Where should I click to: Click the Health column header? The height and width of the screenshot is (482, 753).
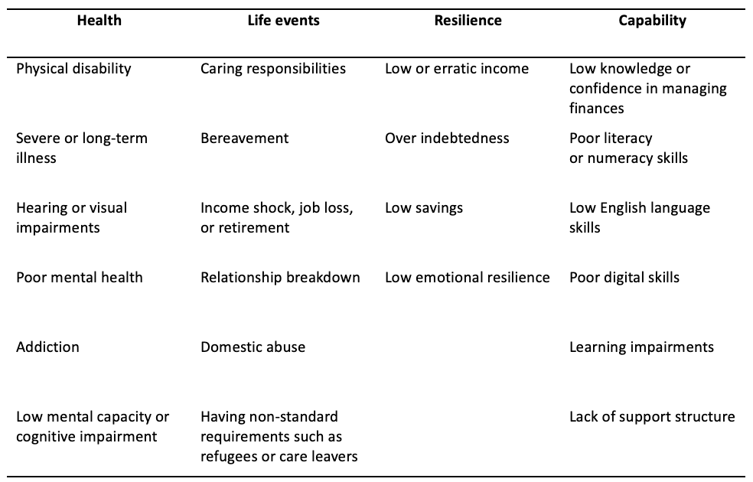99,21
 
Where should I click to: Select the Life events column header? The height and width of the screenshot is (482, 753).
283,21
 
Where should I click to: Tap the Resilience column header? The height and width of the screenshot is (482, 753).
468,21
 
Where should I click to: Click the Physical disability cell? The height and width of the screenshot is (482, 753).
73,69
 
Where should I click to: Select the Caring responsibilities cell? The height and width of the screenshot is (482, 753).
272,69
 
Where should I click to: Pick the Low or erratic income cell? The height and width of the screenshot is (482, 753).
457,69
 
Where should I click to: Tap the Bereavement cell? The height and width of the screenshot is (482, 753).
244,138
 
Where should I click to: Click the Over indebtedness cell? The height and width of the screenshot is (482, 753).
447,138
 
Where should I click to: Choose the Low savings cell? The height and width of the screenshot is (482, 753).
424,208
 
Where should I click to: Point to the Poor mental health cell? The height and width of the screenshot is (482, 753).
80,278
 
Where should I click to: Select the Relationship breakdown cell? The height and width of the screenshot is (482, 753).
280,278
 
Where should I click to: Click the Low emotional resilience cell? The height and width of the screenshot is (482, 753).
468,278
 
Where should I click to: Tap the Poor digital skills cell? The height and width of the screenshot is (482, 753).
624,278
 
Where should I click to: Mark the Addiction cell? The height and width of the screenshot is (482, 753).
47,347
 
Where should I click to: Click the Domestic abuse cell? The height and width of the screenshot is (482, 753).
253,347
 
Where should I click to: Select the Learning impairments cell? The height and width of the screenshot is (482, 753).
641,347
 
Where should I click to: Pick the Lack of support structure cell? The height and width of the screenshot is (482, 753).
652,417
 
